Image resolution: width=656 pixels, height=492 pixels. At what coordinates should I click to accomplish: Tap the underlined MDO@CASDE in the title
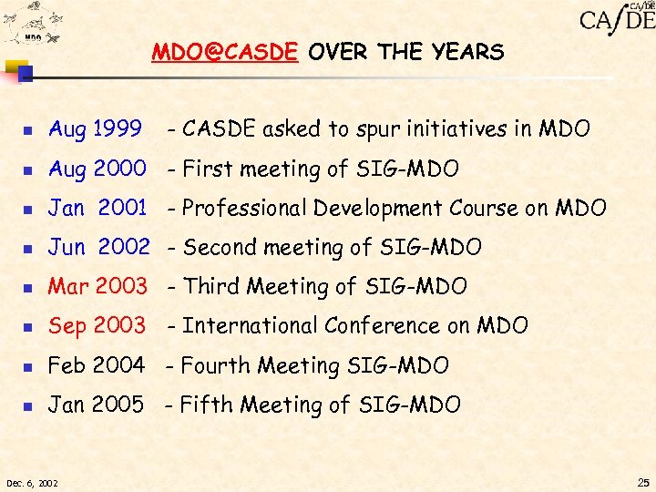224,53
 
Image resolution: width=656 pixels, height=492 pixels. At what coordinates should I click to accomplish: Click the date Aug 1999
94,129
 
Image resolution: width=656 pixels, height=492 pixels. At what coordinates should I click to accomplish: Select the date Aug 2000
97,169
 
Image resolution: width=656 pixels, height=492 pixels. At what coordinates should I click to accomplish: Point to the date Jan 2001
97,208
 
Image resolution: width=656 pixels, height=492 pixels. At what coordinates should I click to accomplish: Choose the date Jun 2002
98,247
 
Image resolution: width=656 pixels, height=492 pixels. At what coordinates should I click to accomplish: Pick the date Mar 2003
97,286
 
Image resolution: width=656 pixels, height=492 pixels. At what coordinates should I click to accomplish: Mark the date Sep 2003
97,325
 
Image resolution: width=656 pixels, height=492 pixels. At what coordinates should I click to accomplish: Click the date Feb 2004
97,365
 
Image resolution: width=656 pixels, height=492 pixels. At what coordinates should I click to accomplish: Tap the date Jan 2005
96,405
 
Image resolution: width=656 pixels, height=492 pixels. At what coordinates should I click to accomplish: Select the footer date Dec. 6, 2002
32,482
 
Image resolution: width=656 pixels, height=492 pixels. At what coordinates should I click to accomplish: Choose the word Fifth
203,405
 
